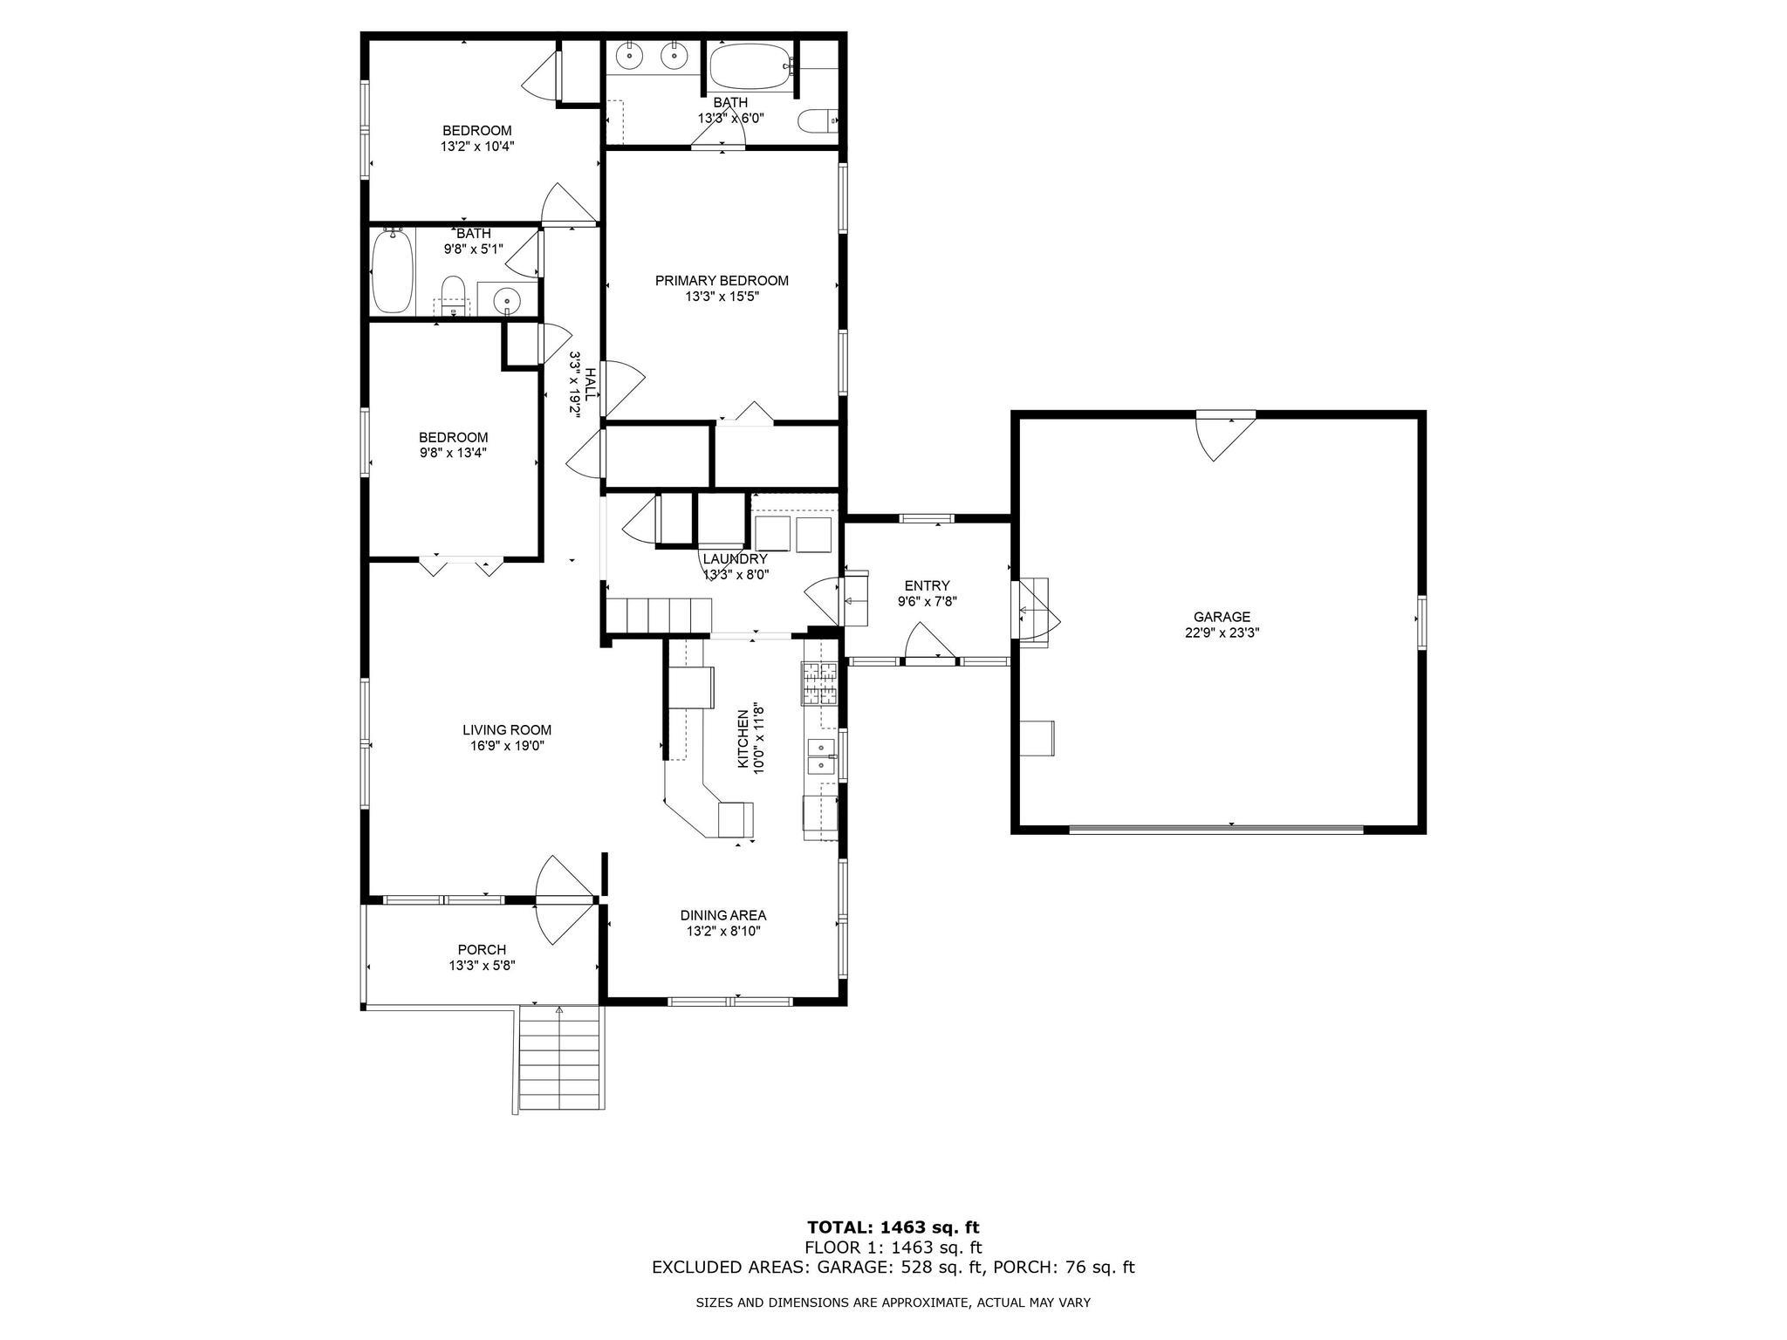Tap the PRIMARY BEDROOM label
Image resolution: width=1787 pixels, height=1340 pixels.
tap(722, 281)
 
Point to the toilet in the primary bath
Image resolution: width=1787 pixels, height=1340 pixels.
tap(818, 120)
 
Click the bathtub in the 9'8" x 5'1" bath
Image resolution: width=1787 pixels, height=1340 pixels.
tap(392, 270)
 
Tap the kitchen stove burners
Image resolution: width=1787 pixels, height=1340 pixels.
tap(819, 684)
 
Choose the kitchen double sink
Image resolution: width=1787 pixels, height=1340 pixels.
tap(822, 756)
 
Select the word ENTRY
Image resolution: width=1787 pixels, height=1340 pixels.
tap(927, 585)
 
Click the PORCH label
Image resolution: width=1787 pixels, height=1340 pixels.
tap(482, 950)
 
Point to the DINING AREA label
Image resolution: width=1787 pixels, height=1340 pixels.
tap(723, 915)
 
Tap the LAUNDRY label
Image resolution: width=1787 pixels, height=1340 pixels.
tap(736, 559)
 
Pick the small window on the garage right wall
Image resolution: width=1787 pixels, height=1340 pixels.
tap(1421, 622)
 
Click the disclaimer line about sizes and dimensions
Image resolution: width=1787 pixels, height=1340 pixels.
tap(893, 1302)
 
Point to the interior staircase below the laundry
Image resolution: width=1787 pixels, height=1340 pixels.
tap(661, 616)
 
